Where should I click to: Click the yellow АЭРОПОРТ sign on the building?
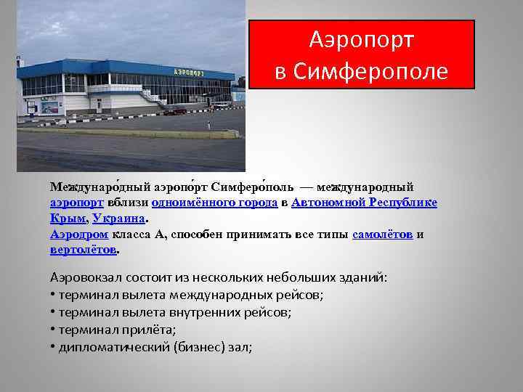pyautogui.click(x=189, y=72)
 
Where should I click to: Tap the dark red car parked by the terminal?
pyautogui.click(x=174, y=111)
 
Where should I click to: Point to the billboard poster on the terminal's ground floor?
pyautogui.click(x=50, y=107)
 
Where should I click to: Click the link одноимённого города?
pyautogui.click(x=214, y=203)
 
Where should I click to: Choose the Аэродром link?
pyautogui.click(x=79, y=234)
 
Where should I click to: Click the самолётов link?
pyautogui.click(x=382, y=234)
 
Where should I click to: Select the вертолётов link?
pyautogui.click(x=83, y=250)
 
